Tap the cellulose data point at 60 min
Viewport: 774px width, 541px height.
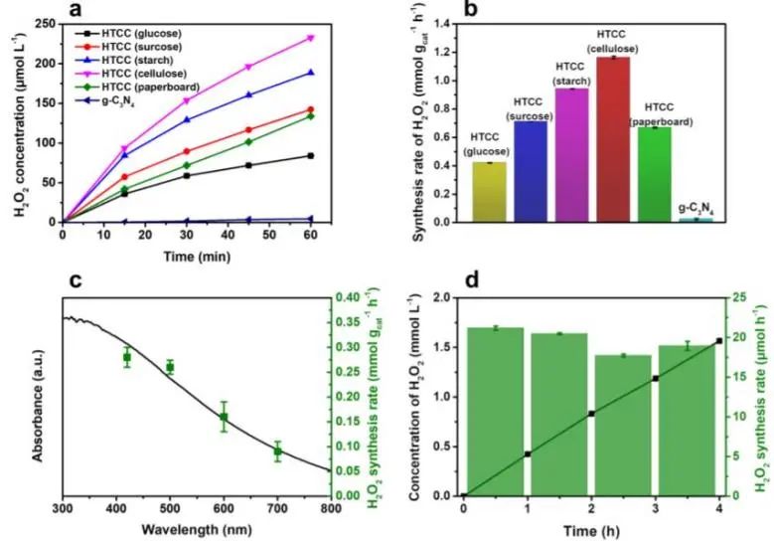pyautogui.click(x=311, y=38)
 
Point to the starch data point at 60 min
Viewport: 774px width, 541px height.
pyautogui.click(x=311, y=73)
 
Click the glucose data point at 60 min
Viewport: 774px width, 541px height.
pyautogui.click(x=311, y=155)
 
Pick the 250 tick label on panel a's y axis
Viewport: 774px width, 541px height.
pyautogui.click(x=43, y=24)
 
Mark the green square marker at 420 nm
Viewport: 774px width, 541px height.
pyautogui.click(x=127, y=357)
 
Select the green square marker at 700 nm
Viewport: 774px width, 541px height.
pyautogui.click(x=277, y=451)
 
